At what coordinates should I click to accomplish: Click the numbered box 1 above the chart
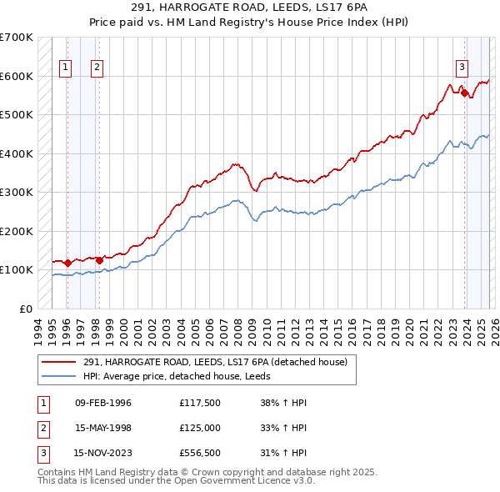pos(66,68)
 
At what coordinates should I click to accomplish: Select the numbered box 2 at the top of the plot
pos(97,68)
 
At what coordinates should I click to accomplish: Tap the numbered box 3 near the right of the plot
pos(461,68)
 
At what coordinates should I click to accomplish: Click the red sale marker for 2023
pos(464,93)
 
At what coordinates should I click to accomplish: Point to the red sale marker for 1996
pos(67,263)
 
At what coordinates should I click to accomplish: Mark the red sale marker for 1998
pos(99,260)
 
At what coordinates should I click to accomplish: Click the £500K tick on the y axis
pos(17,114)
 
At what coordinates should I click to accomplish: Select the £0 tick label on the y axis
pos(26,309)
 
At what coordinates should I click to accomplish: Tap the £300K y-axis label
pos(17,192)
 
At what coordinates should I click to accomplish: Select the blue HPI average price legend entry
pos(182,376)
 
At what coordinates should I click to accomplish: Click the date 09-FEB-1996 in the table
pos(103,403)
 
